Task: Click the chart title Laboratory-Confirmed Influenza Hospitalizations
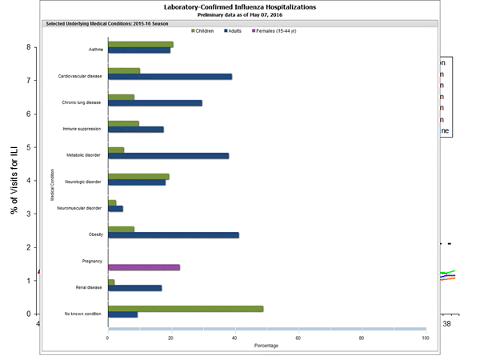coord(239,6)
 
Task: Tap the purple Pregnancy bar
coord(144,267)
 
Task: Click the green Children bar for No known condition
coord(186,309)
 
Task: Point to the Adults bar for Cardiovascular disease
coord(170,77)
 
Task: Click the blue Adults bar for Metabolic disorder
coord(168,156)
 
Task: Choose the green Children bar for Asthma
coord(141,45)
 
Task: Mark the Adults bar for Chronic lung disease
coord(155,103)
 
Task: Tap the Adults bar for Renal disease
coord(134,288)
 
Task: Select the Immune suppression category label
coord(82,129)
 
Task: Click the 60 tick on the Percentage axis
coord(298,338)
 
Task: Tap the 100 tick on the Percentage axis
coord(425,338)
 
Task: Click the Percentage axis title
coord(266,346)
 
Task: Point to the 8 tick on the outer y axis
coord(29,47)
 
